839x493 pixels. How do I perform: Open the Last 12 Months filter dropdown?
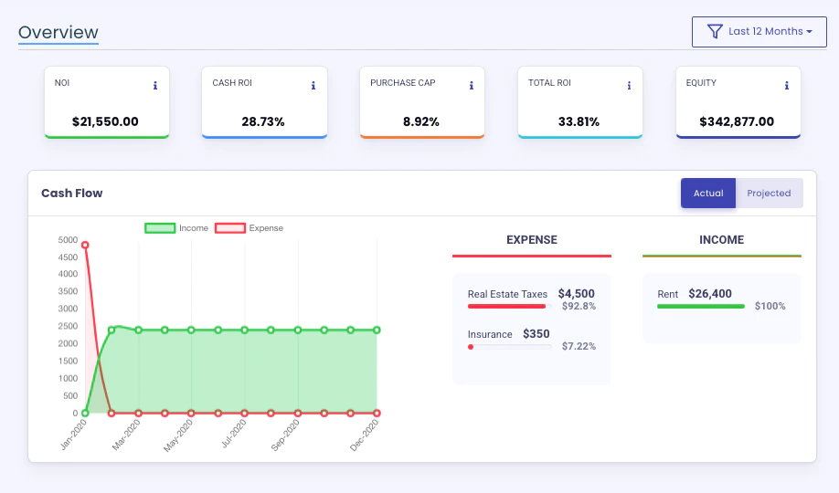759,32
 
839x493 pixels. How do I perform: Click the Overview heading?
58,32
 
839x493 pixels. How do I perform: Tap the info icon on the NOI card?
155,86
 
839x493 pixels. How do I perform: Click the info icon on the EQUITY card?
787,86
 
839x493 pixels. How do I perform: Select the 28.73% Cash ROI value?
263,122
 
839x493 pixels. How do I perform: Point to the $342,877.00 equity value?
737,122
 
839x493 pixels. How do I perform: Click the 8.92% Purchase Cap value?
421,122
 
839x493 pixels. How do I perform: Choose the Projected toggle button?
769,193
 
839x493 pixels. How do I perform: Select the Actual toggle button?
708,193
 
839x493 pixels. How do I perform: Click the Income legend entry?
176,228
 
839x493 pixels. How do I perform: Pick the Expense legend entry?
249,228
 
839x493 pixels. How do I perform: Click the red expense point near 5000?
85,245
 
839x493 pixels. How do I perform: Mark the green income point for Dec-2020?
377,330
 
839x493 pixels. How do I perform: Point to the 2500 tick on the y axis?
68,326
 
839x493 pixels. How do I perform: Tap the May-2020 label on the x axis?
178,435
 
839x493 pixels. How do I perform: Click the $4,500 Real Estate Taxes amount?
577,294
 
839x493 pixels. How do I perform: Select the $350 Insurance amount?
536,334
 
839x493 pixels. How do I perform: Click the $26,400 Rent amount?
710,294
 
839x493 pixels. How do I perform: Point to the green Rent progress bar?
701,307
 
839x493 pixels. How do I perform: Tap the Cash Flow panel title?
71,193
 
